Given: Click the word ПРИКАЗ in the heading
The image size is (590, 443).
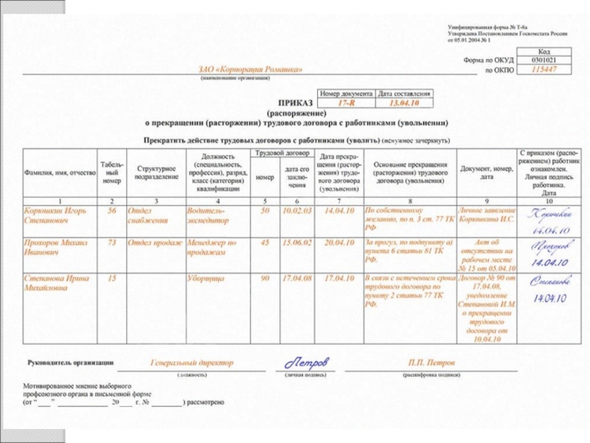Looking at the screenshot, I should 295,105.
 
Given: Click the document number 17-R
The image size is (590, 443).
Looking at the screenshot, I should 346,105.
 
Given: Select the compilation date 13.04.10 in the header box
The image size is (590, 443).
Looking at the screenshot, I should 403,105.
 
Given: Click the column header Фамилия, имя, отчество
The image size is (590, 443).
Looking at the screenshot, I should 60,173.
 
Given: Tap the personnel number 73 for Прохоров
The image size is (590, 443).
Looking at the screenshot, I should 112,242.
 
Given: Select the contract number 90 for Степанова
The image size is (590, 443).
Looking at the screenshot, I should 265,278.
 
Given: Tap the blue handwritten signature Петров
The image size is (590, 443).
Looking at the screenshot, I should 305,363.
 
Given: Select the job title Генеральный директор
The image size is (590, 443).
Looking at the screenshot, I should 192,363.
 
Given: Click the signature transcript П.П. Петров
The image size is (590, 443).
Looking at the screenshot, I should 432,363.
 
